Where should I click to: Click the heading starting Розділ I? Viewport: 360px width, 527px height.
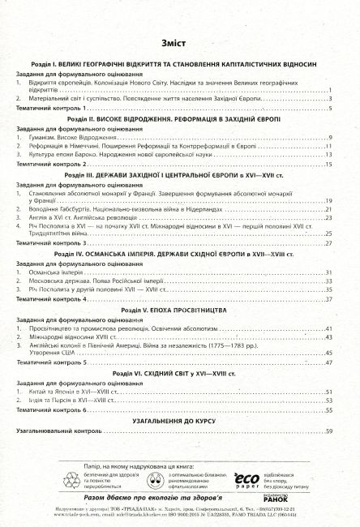179,63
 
